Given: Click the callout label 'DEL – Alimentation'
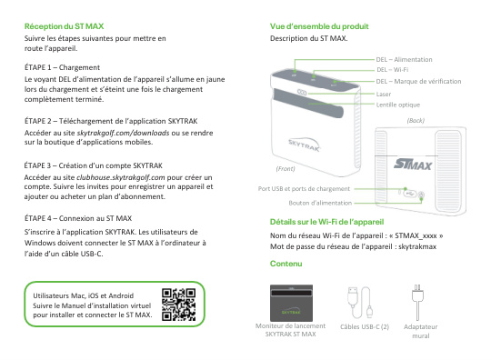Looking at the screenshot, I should click(x=404, y=58).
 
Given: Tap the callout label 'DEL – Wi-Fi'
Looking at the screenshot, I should click(x=392, y=69).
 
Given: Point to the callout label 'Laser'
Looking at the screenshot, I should click(x=384, y=93).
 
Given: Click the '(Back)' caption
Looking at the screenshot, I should click(x=416, y=120).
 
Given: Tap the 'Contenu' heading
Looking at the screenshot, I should click(x=286, y=264).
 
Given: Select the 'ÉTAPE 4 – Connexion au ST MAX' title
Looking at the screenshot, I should click(x=78, y=219).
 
